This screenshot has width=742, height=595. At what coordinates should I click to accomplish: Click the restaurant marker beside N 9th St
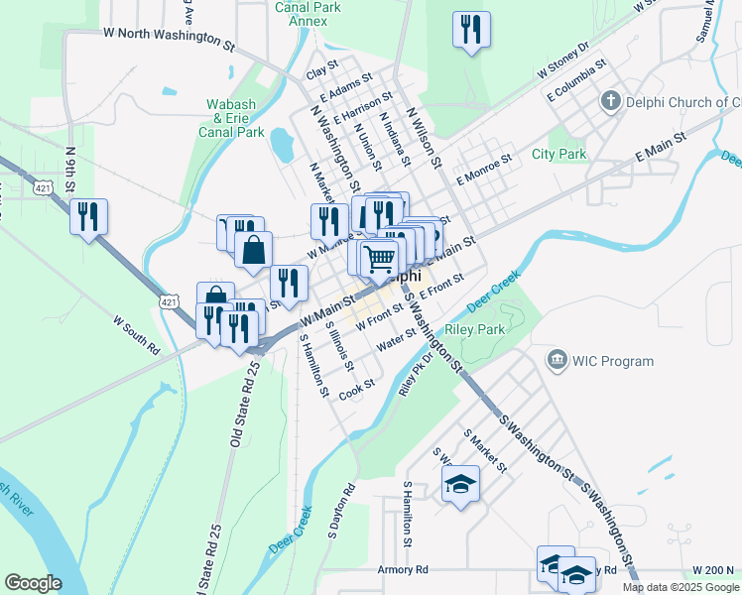tap(88, 216)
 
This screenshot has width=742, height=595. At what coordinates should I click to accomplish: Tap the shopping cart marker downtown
tap(380, 259)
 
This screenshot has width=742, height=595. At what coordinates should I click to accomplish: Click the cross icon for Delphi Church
tap(610, 102)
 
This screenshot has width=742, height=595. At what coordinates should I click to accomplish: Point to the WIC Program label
tap(612, 361)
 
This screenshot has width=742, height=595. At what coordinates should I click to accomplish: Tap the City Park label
tap(558, 154)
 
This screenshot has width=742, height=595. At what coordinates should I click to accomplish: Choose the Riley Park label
tap(476, 329)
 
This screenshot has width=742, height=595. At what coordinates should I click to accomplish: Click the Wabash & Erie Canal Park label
tap(231, 117)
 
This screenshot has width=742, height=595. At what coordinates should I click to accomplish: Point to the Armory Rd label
tap(403, 570)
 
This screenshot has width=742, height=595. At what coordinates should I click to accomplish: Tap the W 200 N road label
tap(712, 570)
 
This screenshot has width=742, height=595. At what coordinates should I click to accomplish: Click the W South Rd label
tap(137, 335)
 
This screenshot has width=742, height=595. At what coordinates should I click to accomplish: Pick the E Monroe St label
tap(483, 169)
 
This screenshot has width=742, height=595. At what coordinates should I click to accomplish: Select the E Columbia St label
tap(576, 82)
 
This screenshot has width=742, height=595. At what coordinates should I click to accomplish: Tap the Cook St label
tap(356, 390)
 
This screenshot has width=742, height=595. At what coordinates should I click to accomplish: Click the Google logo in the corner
tap(33, 583)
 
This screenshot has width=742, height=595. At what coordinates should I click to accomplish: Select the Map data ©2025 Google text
tap(680, 587)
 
